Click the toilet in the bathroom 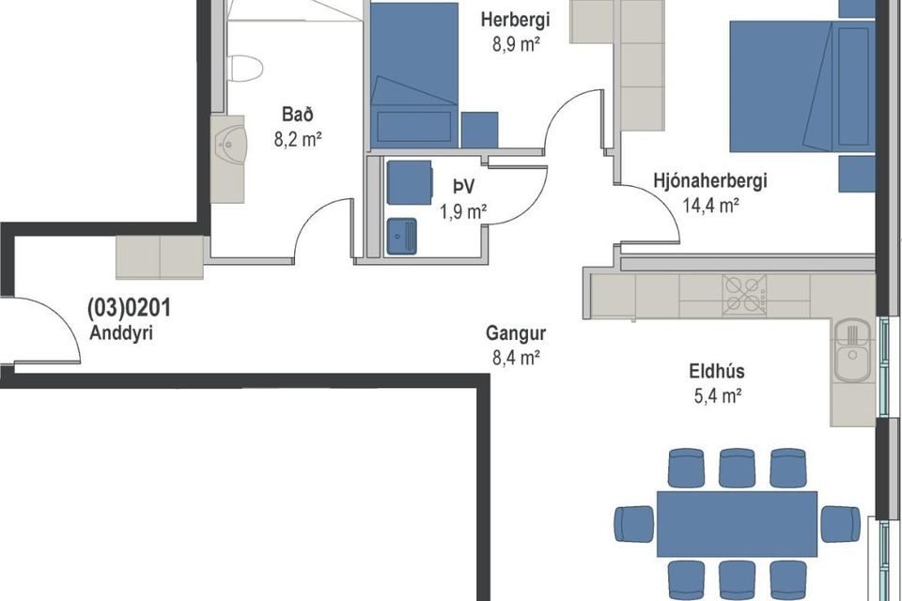245,69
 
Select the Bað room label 298,114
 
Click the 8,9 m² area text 516,44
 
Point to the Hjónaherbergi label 710,180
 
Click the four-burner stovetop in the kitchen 744,295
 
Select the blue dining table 737,524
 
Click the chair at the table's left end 634,524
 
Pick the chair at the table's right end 840,524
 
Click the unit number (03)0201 129,309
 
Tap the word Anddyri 121,333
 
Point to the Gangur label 516,333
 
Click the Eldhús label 716,371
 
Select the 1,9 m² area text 463,211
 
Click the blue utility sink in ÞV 401,236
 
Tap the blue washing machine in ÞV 409,182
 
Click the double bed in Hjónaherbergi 801,86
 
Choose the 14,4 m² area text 710,206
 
